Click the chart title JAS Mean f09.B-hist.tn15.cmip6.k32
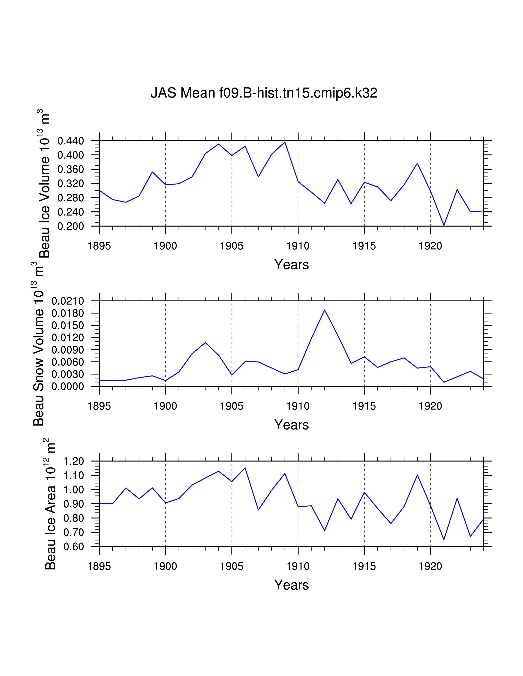tap(264, 93)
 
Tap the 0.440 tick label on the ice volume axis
tap(71, 141)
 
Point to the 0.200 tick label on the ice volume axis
tap(71, 226)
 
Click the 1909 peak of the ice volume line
tap(285, 142)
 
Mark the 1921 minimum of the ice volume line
tap(444, 225)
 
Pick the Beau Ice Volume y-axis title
tap(44, 184)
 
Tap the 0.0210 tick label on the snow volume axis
tap(67, 301)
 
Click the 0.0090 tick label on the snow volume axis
tap(67, 350)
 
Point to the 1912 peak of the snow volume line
tap(324, 310)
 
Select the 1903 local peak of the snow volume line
tap(205, 343)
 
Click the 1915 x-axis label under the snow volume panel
tap(364, 406)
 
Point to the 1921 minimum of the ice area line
tap(444, 540)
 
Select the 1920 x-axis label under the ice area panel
tap(430, 566)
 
